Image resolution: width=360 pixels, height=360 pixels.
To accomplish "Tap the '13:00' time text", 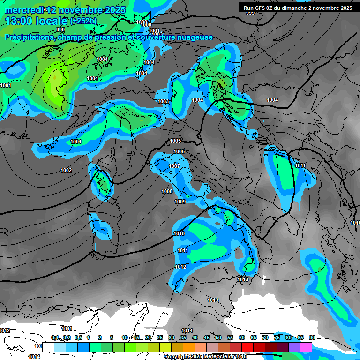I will click(x=18, y=22).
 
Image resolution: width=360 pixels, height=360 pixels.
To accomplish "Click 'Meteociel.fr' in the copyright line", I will click(x=220, y=357).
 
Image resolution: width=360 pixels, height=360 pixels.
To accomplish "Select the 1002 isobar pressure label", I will click(x=66, y=170).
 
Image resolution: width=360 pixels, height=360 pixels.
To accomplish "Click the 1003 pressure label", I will click(x=163, y=101).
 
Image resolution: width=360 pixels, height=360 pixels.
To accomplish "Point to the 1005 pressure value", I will click(x=175, y=141).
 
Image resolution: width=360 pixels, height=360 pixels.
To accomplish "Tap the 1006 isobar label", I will click(x=179, y=151).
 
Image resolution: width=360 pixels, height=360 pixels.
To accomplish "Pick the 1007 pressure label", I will click(x=174, y=166).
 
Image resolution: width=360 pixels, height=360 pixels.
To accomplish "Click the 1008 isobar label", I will click(x=167, y=191).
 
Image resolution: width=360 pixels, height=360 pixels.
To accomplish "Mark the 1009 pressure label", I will click(x=180, y=202).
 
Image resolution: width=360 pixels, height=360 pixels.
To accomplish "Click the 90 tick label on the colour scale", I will click(x=312, y=338).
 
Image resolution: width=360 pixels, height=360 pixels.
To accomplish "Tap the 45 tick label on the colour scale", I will click(x=207, y=338).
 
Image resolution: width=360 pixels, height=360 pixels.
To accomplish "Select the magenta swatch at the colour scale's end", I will click(x=306, y=347).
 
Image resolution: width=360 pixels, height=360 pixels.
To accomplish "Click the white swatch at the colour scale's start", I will click(x=48, y=347).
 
